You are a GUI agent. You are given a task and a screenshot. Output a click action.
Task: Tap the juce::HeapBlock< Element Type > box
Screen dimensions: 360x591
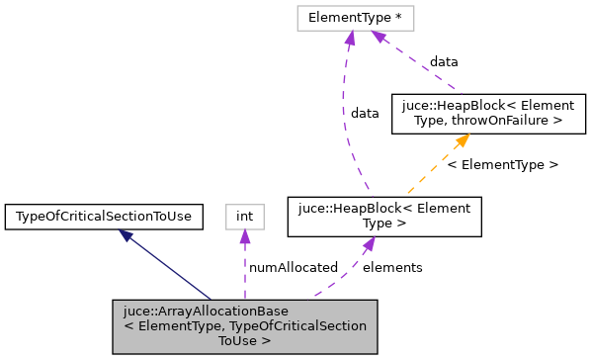(x=383, y=217)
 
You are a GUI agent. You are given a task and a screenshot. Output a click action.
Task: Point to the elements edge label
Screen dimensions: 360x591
(x=392, y=267)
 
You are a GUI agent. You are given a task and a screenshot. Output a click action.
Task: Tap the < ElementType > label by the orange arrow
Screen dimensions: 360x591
(x=502, y=164)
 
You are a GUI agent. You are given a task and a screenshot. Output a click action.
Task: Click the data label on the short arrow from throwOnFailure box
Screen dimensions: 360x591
(x=443, y=61)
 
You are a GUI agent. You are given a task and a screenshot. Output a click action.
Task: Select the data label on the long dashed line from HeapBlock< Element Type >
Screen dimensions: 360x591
(x=365, y=113)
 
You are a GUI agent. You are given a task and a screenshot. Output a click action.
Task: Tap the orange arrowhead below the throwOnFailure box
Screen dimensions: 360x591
(x=458, y=141)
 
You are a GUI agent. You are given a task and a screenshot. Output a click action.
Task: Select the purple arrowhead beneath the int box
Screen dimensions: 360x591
(x=244, y=236)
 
